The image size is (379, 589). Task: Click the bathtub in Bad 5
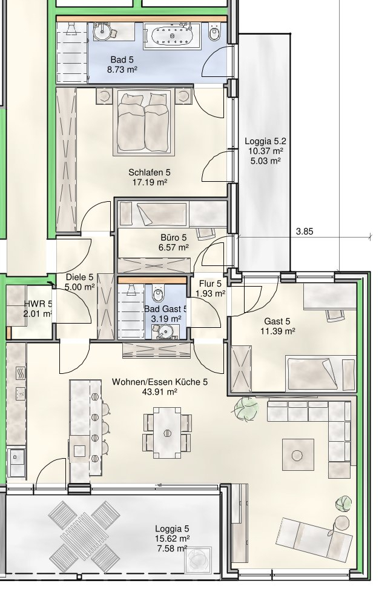172,36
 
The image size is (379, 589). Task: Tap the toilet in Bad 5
215,33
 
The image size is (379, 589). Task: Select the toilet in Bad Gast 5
158,293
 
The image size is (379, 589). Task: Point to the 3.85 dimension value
305,231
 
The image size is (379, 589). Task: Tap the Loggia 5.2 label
265,141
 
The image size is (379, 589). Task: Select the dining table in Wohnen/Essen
167,433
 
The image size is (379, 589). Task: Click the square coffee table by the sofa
298,454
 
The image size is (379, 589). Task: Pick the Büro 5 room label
174,238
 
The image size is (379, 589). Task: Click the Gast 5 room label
277,321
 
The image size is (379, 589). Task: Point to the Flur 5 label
211,284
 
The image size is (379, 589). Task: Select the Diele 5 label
79,277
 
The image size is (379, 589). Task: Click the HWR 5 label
38,304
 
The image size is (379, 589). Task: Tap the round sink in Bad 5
101,32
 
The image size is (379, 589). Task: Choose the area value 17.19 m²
150,182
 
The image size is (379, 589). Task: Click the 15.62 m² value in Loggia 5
172,539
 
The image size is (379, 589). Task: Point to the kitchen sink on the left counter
16,456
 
